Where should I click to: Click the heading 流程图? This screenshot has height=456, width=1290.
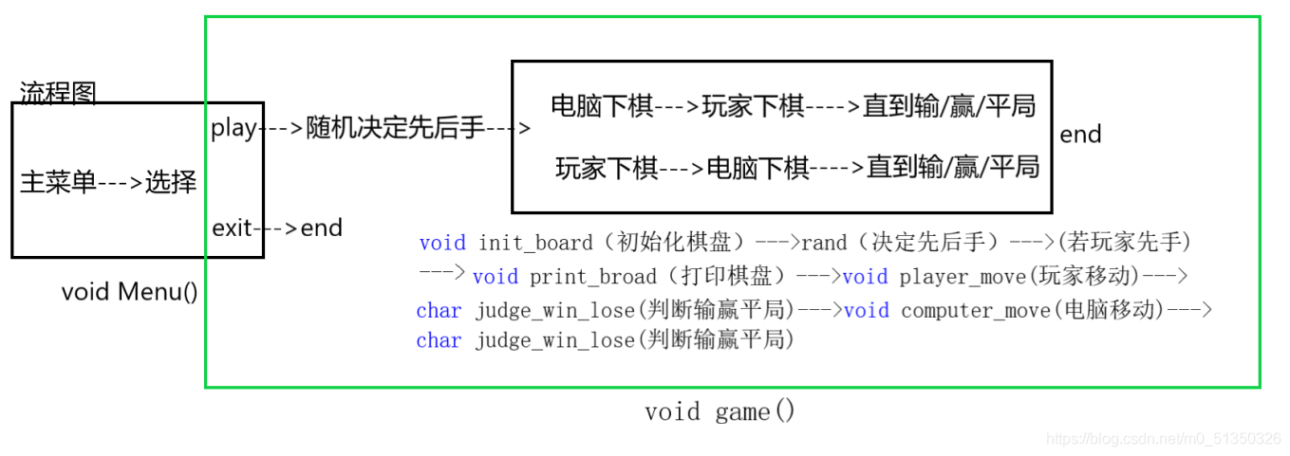pos(58,93)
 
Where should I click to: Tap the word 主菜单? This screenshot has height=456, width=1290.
pos(58,182)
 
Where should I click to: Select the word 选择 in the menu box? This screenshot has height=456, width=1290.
pos(171,182)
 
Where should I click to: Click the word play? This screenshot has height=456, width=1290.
pos(233,128)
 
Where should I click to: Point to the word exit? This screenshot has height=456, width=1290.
pos(232,228)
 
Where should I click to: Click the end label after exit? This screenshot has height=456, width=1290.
pos(321,228)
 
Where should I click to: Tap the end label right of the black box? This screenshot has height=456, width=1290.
pos(1080,135)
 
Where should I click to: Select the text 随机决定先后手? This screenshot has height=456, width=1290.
pos(395,129)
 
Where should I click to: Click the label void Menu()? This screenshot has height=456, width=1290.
pos(130,291)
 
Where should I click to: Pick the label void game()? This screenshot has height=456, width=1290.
pos(720,411)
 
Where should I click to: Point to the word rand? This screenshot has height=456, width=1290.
pos(824,243)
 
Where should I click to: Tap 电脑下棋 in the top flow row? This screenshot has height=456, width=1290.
pos(602,106)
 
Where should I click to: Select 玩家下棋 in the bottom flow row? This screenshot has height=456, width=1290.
pos(607,169)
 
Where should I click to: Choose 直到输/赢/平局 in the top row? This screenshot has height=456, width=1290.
pos(948,106)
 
